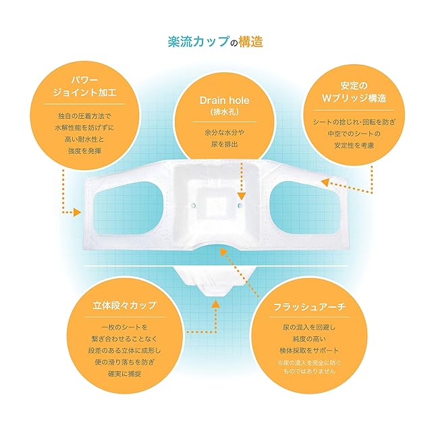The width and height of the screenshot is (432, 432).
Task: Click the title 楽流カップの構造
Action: point(215,41)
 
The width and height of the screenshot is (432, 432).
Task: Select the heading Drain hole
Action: point(216,100)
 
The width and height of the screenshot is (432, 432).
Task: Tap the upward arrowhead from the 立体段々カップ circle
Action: point(215,304)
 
